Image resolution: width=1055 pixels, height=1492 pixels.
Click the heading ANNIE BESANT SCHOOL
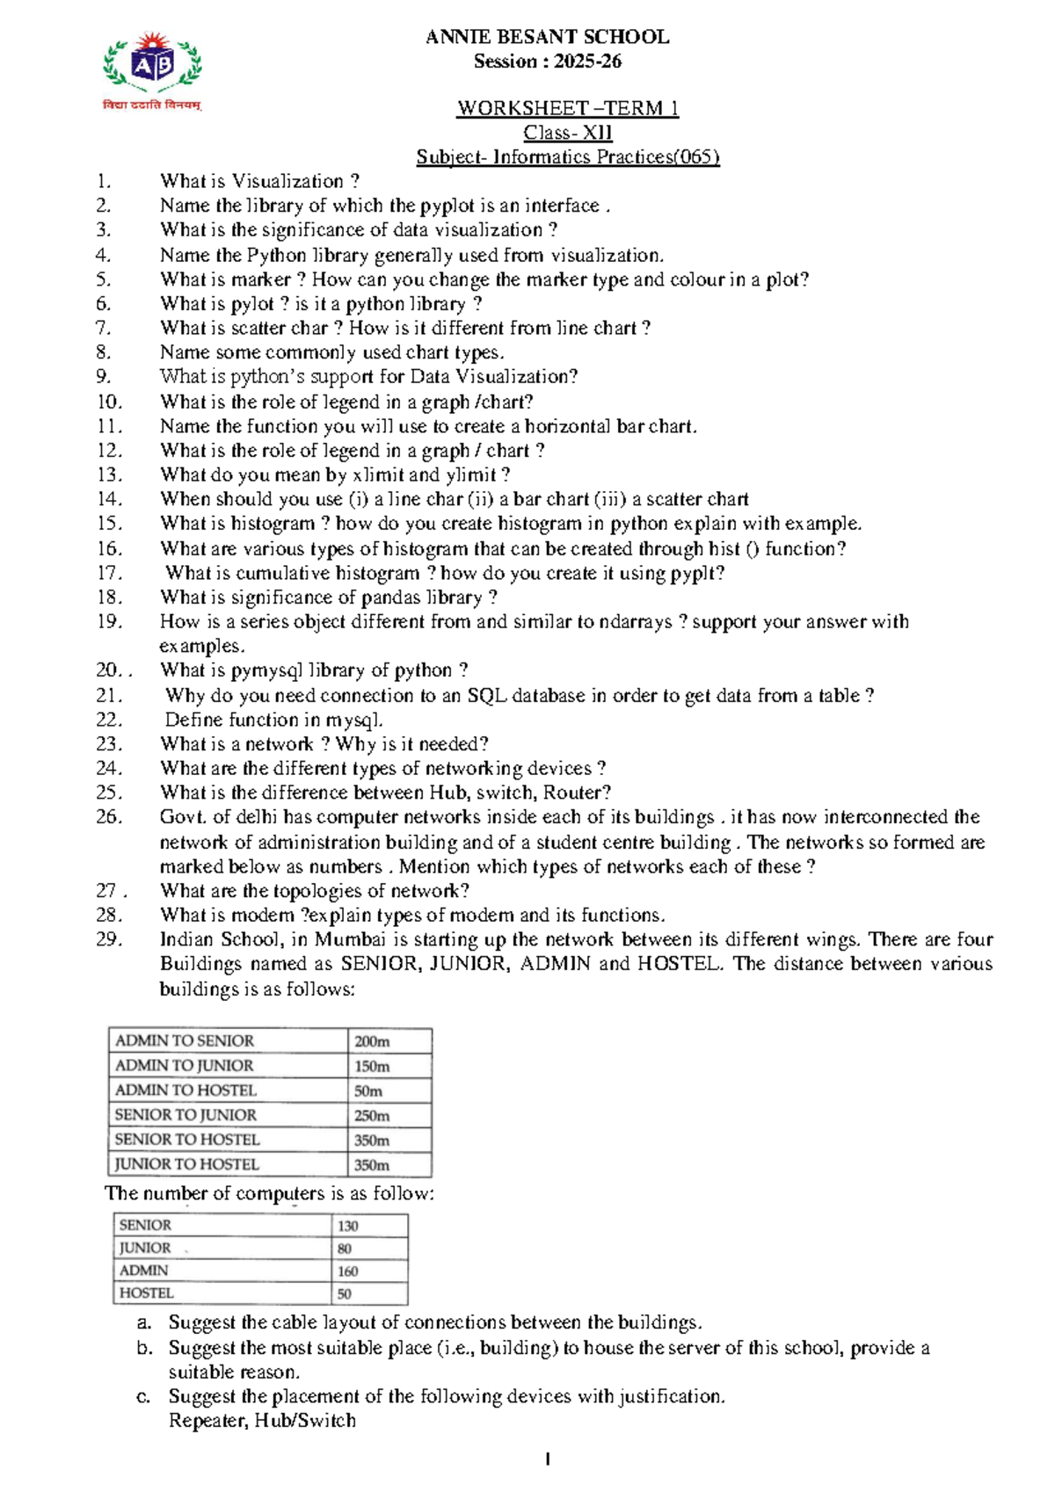point(547,37)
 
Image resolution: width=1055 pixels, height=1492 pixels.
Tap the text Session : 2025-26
point(547,62)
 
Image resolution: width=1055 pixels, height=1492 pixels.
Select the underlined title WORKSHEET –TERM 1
point(567,108)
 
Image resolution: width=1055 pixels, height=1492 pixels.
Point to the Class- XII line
point(567,133)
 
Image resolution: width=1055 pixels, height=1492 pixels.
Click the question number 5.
point(104,279)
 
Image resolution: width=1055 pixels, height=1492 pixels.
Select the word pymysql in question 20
point(266,670)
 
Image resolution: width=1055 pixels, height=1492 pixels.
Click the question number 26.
point(108,817)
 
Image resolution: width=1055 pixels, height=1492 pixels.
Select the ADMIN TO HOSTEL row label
point(186,1090)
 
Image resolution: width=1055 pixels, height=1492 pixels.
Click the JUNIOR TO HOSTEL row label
point(186,1164)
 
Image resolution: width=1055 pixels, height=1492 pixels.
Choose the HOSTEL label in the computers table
point(146,1293)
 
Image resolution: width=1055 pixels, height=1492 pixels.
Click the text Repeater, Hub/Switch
point(261,1421)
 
